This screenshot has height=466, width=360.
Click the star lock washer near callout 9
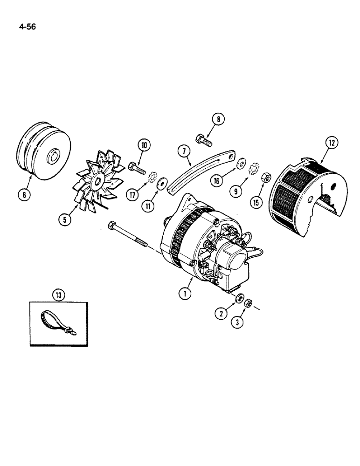255,166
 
